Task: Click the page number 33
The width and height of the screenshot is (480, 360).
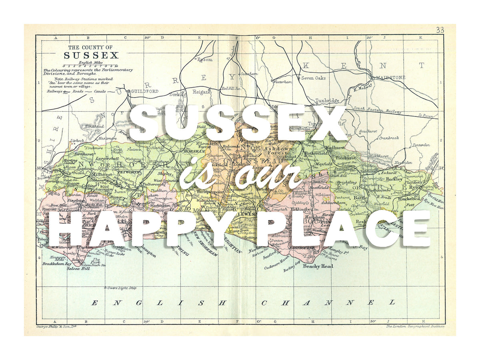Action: click(440, 30)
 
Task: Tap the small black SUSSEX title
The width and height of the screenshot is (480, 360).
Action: click(91, 56)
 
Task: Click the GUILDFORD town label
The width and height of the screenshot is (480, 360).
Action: click(144, 91)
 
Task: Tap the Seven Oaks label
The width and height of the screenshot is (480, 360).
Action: click(313, 78)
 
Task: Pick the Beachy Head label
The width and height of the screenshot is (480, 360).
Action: click(318, 266)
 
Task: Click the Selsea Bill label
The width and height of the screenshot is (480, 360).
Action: click(78, 269)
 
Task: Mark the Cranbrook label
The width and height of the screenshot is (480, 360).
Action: click(389, 138)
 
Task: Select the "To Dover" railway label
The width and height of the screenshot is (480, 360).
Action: click(426, 116)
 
